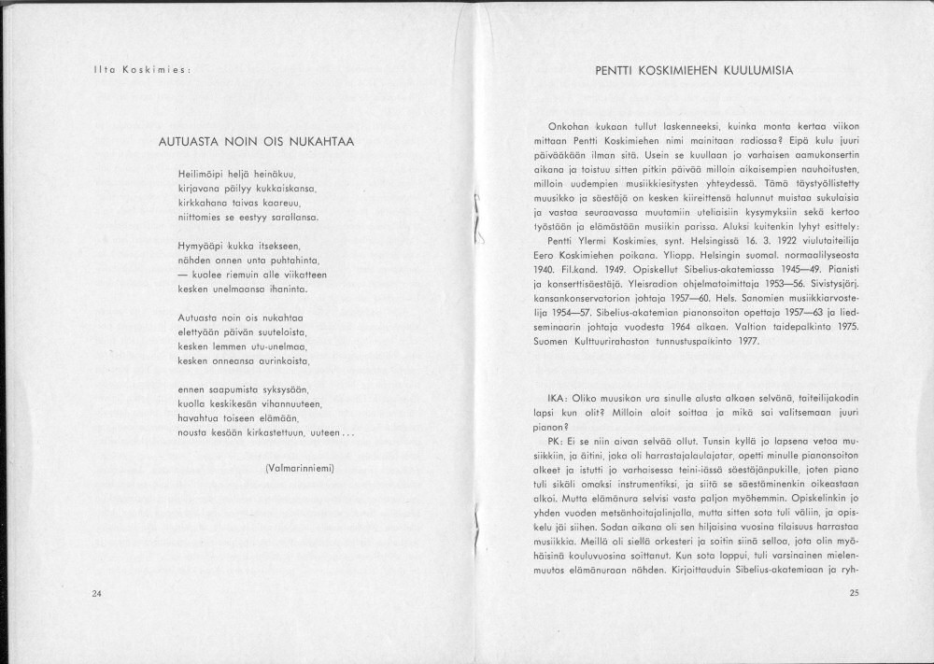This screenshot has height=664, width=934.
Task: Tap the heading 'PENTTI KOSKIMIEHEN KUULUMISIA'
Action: click(699, 70)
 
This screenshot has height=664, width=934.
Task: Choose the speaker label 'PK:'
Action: click(559, 440)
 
